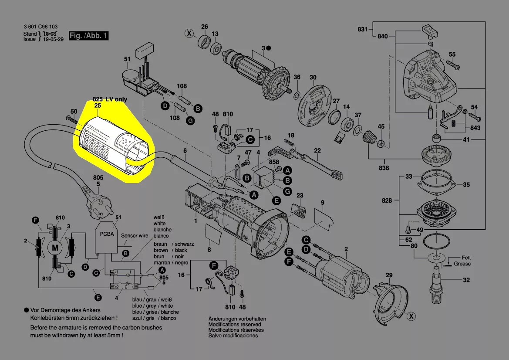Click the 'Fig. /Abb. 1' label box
coord(88,36)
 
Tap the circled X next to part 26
coord(189,33)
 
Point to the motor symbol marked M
coord(55,248)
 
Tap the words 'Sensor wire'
coord(135,236)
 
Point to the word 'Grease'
coord(462,264)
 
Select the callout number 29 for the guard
coord(389,275)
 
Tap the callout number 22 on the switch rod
coord(317,151)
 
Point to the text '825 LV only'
coord(110,99)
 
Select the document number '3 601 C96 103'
coord(40,27)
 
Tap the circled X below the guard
coord(411,316)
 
